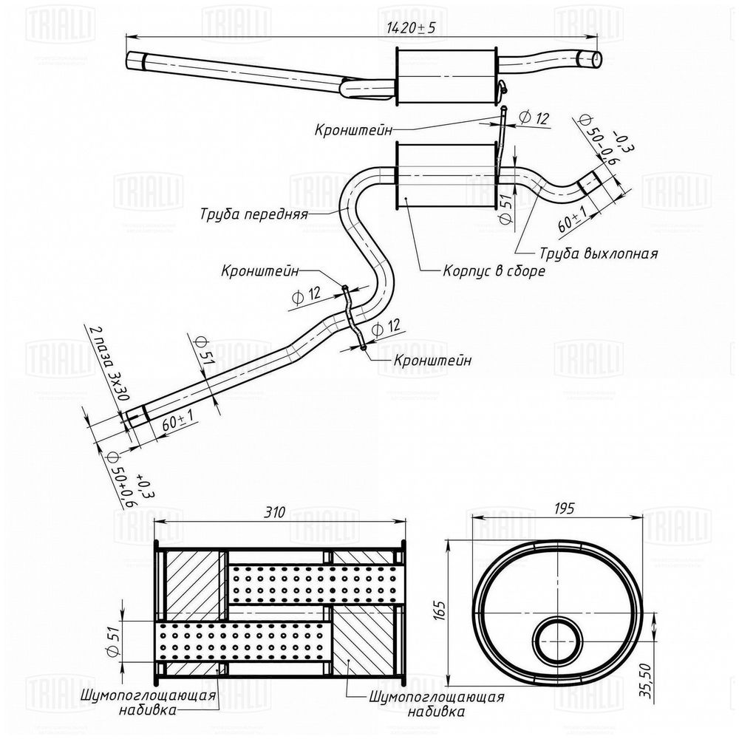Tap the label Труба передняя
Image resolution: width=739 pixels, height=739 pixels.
(253, 215)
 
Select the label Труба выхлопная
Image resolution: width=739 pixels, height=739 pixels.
(599, 253)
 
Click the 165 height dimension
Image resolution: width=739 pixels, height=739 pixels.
(440, 610)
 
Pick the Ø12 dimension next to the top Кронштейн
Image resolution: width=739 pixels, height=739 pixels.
(534, 118)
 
